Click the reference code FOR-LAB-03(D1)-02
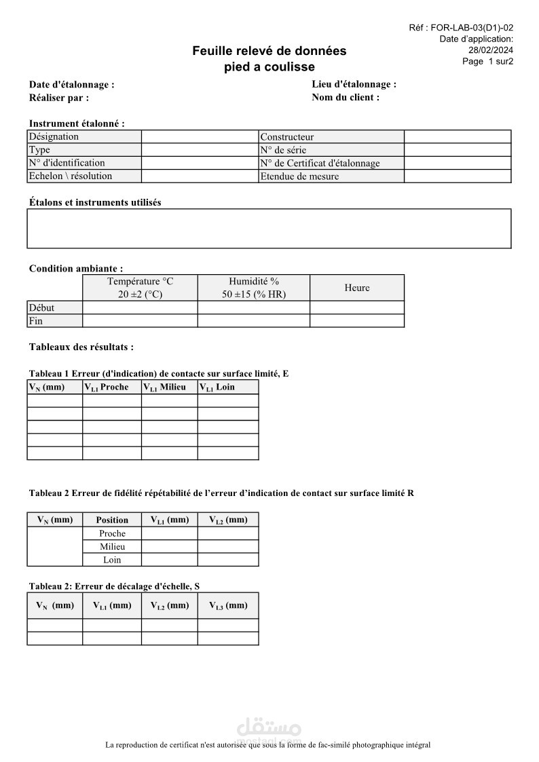click(472, 28)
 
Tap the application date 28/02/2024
click(491, 50)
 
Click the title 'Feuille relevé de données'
click(269, 51)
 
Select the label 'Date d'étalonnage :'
click(71, 85)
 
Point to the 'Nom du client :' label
click(346, 97)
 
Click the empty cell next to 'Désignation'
click(200, 136)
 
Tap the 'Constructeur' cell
click(331, 136)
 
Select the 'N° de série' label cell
click(331, 150)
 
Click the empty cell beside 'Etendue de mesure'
click(457, 176)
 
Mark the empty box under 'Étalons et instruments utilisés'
click(269, 229)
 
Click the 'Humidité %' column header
click(254, 281)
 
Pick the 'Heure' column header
click(357, 288)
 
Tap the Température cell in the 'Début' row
click(140, 307)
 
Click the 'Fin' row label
click(54, 321)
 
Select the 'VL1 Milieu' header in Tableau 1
click(169, 387)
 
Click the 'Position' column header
click(112, 520)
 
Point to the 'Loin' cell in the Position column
click(112, 560)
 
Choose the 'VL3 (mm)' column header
click(228, 605)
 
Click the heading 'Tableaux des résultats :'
click(81, 347)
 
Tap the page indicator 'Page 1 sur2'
click(487, 61)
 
